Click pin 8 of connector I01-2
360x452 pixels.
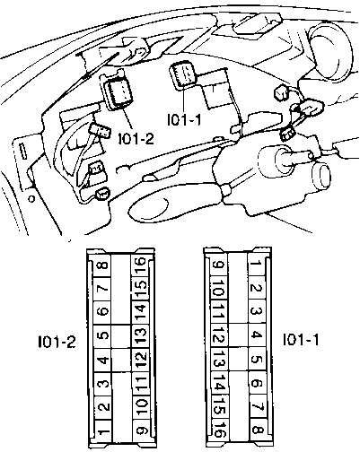tap(102, 265)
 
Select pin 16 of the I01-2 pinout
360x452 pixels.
tap(140, 265)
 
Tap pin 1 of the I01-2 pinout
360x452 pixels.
tap(102, 431)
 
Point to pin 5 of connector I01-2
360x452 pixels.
tap(102, 336)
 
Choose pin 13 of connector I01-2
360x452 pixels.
tap(140, 336)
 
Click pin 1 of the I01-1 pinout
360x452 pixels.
tap(257, 265)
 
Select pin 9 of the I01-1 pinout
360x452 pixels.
tap(218, 265)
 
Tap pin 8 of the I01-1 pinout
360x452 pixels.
tap(258, 430)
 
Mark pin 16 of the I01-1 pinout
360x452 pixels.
tap(219, 430)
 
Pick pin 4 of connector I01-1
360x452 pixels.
tap(257, 335)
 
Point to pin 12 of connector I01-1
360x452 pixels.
tap(219, 335)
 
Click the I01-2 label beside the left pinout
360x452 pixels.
tap(57, 342)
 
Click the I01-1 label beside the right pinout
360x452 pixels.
tap(301, 339)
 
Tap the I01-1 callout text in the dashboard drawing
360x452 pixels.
tap(184, 120)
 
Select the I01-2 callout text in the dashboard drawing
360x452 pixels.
tap(136, 139)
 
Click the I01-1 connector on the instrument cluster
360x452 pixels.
tap(183, 74)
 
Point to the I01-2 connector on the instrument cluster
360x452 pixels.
tap(119, 93)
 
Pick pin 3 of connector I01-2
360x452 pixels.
tap(102, 384)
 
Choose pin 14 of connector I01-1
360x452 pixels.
tap(219, 383)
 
